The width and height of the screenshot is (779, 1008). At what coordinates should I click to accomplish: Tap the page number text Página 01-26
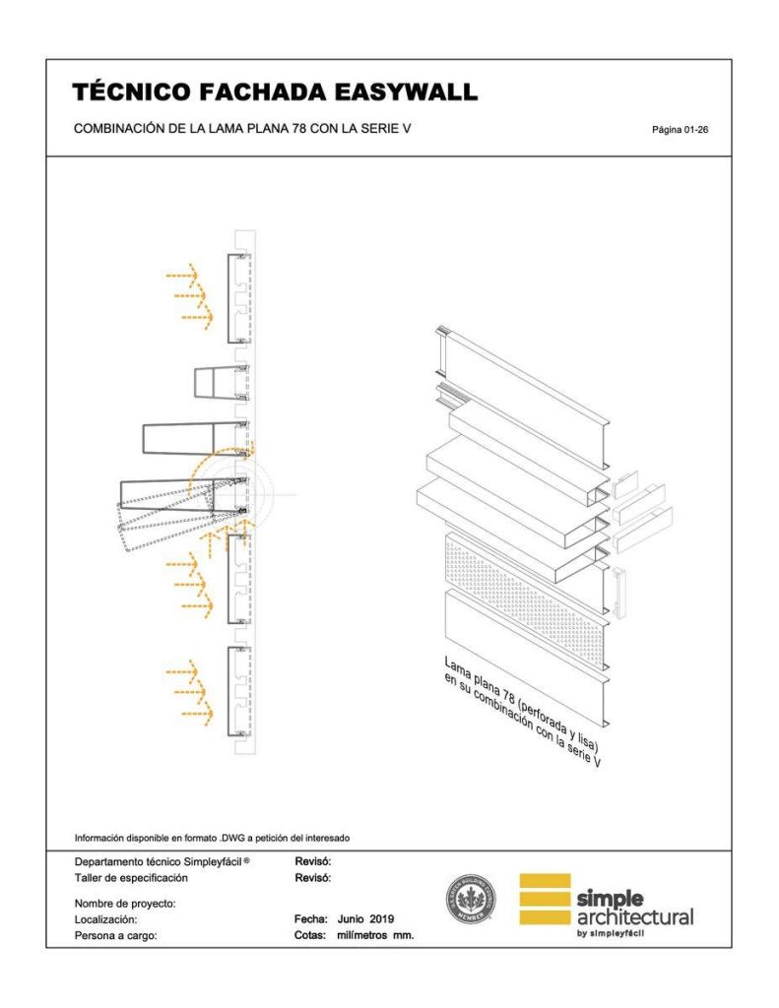679,130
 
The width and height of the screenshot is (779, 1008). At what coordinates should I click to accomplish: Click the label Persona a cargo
115,936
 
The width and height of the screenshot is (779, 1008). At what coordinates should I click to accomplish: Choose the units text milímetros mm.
375,936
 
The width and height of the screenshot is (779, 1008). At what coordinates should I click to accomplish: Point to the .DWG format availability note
213,839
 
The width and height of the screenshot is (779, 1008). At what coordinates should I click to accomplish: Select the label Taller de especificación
131,876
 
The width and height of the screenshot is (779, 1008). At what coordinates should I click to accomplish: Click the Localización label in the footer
105,919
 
